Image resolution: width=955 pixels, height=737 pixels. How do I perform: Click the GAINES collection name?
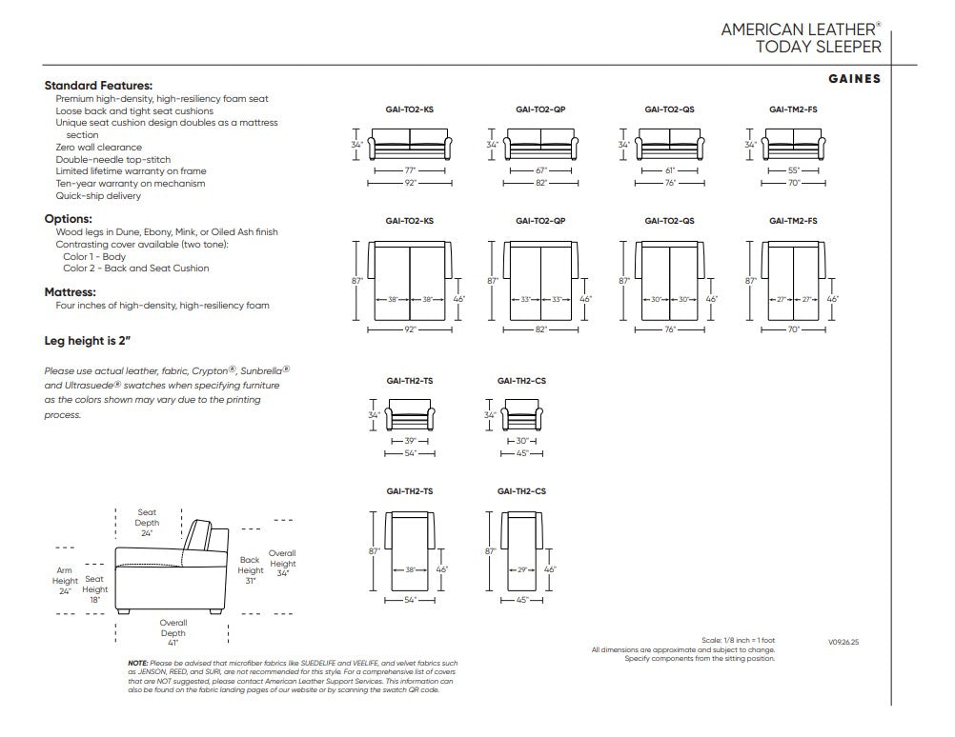(x=855, y=78)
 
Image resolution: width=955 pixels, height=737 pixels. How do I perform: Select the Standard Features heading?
(x=98, y=85)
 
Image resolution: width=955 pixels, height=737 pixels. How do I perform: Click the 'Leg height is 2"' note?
(x=87, y=341)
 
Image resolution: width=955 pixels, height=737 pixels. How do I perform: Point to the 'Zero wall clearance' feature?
(x=99, y=148)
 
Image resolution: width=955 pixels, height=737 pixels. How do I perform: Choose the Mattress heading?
(x=70, y=292)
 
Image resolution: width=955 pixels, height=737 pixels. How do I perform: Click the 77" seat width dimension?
(x=410, y=171)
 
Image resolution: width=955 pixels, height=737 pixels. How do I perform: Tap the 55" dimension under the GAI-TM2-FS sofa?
(x=794, y=171)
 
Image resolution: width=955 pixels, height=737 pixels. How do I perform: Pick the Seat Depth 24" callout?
(x=147, y=523)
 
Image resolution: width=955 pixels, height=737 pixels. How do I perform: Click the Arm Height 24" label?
(x=65, y=581)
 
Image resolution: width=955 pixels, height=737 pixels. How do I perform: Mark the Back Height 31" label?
(x=251, y=570)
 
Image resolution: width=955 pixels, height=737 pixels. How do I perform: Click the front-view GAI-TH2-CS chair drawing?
(x=522, y=415)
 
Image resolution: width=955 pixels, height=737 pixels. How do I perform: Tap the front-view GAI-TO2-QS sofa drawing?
(x=669, y=144)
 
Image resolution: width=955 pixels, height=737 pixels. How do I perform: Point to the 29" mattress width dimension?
(x=522, y=570)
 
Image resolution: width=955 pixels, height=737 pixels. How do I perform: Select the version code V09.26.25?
(x=843, y=642)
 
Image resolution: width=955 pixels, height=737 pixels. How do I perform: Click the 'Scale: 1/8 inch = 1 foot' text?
(x=739, y=640)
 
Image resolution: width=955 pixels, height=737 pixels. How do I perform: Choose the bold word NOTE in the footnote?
(x=137, y=663)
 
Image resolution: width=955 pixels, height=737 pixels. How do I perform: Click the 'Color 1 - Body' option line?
(x=94, y=257)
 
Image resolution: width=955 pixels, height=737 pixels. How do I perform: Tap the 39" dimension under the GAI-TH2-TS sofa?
(x=410, y=441)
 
